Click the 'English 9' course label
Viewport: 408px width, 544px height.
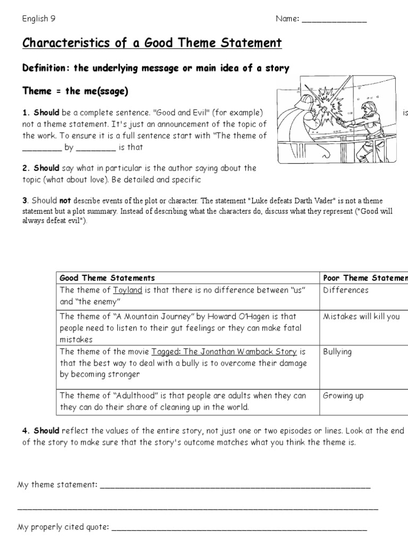coord(39,19)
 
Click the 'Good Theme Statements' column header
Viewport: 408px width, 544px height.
coord(107,278)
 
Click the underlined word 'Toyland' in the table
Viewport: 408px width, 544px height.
coord(127,290)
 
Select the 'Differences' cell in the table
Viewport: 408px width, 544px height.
coord(345,290)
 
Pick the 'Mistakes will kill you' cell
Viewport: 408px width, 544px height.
coord(361,316)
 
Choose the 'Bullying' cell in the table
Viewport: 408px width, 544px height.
coord(337,352)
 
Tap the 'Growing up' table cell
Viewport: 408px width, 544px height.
coord(343,395)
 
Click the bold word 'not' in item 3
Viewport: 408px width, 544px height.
coord(65,201)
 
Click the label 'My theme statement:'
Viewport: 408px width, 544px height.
coord(57,485)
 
